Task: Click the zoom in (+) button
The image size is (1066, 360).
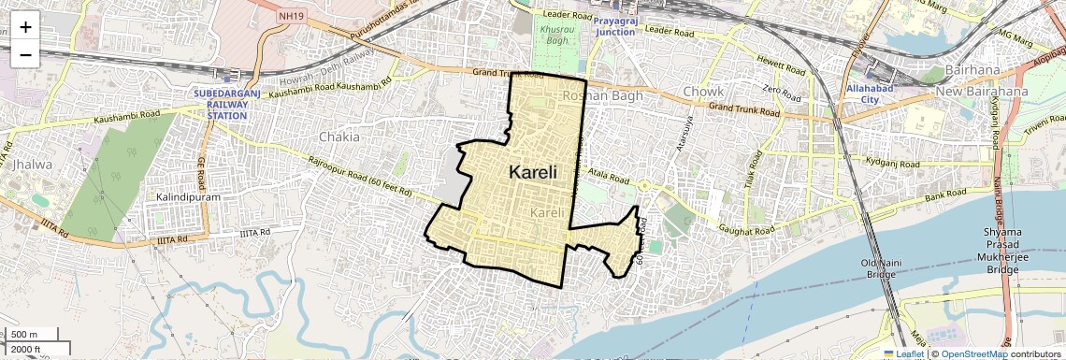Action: pos(25,26)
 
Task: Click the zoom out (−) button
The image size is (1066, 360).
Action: pos(25,54)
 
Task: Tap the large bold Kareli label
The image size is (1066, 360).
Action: pos(533,172)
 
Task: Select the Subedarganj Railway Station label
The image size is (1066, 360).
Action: pos(222,104)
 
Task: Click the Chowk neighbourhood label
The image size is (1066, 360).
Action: pos(703,92)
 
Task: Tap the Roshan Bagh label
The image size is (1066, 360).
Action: pos(596,95)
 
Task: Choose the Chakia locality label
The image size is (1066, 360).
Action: pos(339,137)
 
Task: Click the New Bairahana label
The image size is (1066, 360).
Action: pos(982,92)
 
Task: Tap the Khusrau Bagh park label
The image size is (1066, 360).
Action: pos(555,35)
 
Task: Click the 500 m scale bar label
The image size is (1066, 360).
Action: pos(25,334)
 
